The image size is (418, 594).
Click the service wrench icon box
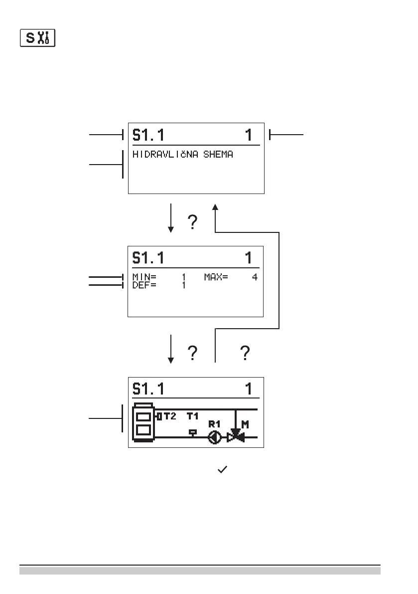[37, 38]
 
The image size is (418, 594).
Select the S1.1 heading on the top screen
[148, 135]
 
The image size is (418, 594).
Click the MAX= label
[216, 277]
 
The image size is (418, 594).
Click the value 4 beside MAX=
[254, 277]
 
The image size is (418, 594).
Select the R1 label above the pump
[215, 424]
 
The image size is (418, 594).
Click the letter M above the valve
[245, 424]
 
